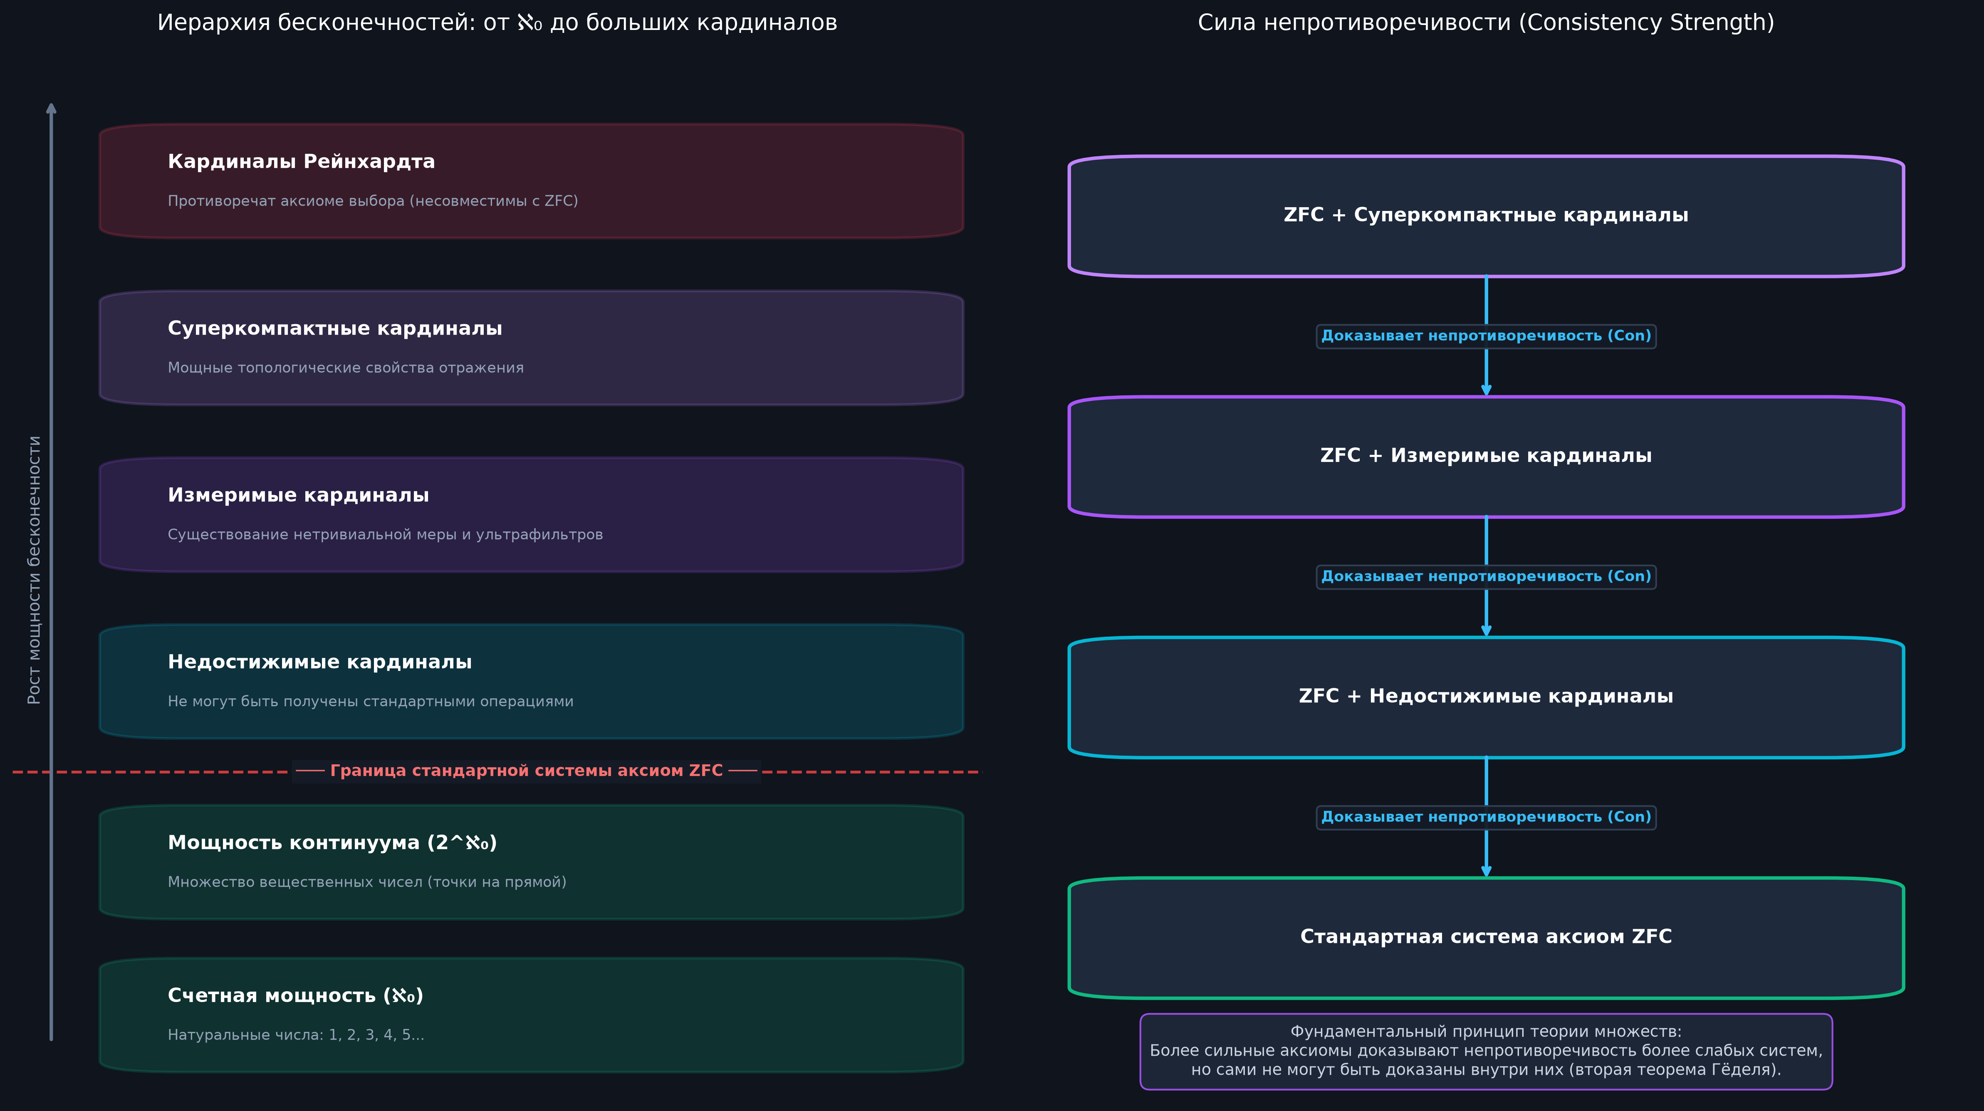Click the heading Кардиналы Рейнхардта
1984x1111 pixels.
301,162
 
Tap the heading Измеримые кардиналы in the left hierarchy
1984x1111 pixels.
298,496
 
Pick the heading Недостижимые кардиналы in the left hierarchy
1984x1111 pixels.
319,662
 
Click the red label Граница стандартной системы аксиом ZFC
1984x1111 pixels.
526,771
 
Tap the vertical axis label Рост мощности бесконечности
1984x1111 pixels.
34,570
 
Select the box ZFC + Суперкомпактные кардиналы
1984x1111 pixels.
1486,216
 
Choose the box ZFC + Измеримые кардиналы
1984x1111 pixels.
1486,456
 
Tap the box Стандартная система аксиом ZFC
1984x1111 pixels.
1486,937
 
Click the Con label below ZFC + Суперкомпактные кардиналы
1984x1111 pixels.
1486,336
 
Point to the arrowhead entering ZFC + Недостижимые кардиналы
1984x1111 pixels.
1486,631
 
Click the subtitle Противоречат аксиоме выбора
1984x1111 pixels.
373,201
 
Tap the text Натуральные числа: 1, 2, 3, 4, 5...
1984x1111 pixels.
296,1035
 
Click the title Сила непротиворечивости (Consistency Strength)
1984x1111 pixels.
1486,22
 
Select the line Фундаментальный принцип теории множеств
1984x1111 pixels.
1486,1032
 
